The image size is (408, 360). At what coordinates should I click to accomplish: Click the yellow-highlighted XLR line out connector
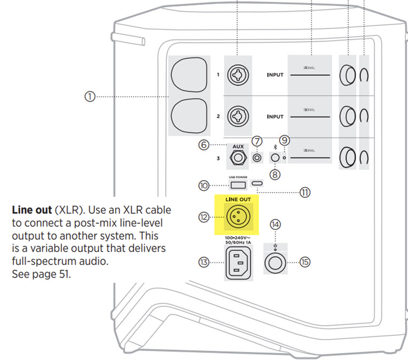tap(236, 217)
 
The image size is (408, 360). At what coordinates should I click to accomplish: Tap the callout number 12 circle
tap(202, 217)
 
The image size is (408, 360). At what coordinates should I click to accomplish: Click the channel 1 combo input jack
tap(236, 75)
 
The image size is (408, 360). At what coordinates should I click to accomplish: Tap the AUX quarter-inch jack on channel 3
tap(237, 158)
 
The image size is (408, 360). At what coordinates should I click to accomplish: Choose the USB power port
tap(238, 185)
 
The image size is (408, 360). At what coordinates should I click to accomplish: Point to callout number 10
tap(203, 186)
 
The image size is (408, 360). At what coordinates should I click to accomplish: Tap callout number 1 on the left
tap(89, 97)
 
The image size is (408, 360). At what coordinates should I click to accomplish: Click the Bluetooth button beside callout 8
tap(275, 158)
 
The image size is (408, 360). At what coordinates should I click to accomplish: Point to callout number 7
tap(257, 141)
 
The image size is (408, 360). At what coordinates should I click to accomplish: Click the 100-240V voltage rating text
tap(236, 238)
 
